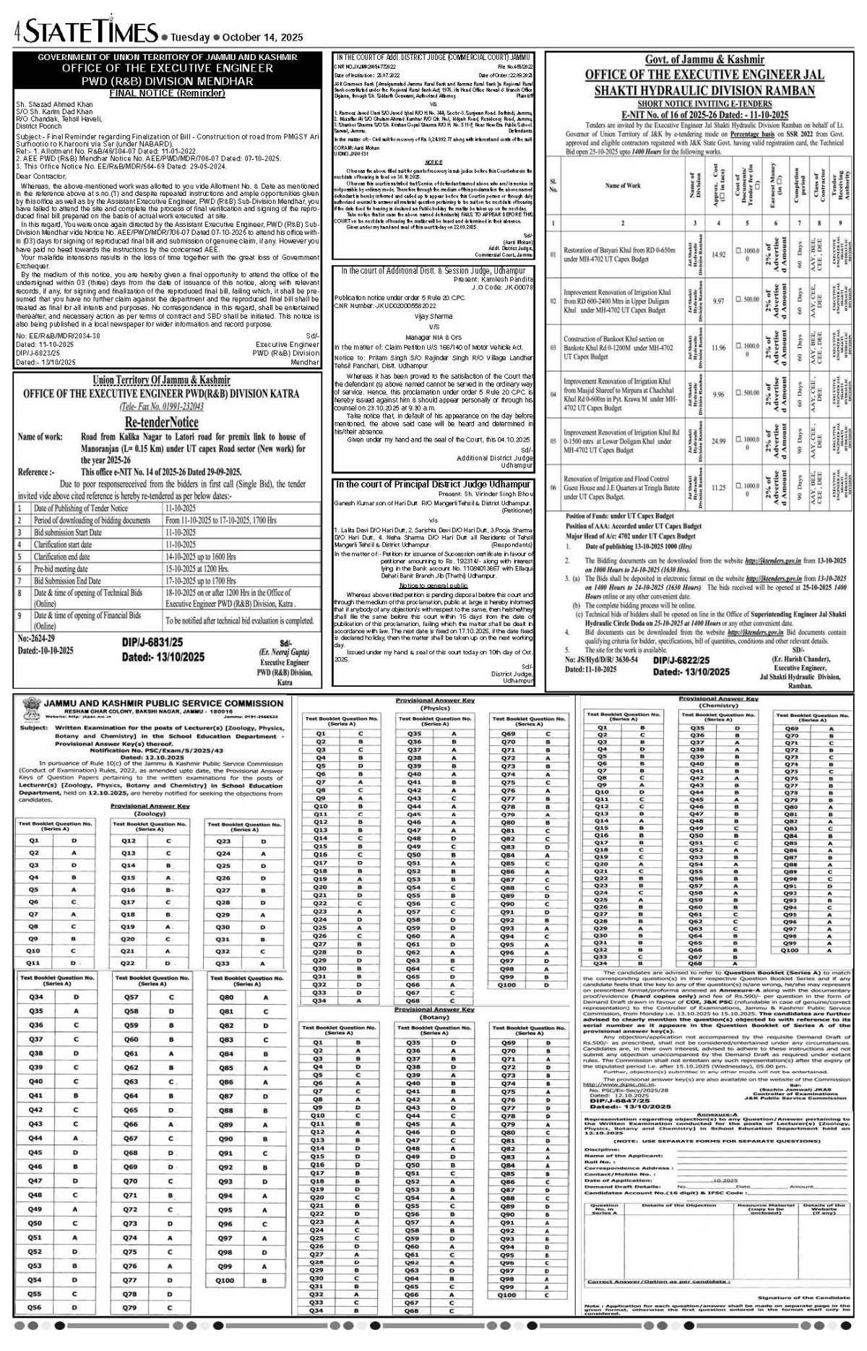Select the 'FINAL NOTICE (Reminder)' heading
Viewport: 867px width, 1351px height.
pyautogui.click(x=167, y=93)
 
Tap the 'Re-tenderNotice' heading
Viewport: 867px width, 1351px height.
pyautogui.click(x=161, y=422)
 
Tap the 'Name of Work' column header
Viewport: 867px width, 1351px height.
pyautogui.click(x=623, y=186)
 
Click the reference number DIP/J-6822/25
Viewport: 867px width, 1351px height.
pyautogui.click(x=681, y=660)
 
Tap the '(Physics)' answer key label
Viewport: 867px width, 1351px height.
pyautogui.click(x=435, y=708)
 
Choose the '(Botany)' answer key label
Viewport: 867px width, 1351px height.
pyautogui.click(x=435, y=1017)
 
